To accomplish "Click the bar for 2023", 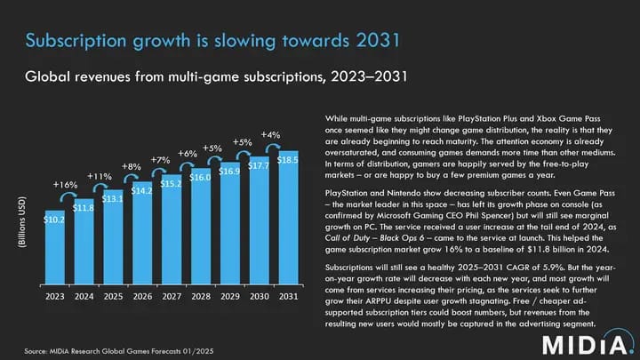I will [x=54, y=248].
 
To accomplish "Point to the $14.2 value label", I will [x=142, y=190].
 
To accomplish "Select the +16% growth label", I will [x=65, y=185].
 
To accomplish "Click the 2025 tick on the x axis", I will [x=113, y=296].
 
